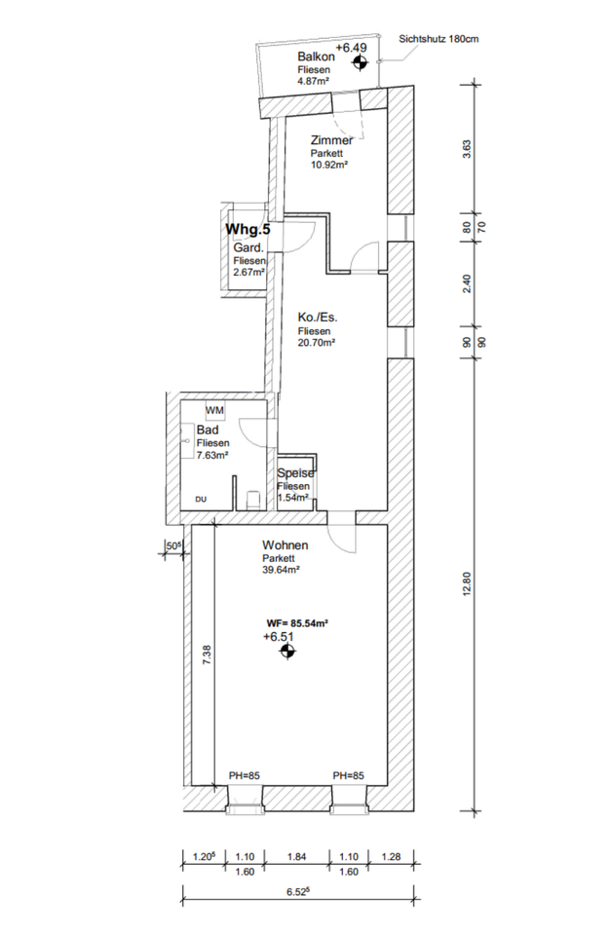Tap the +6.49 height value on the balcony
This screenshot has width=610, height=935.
click(351, 47)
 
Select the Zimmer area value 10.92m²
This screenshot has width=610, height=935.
click(330, 165)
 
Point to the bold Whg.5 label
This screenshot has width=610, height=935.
click(248, 230)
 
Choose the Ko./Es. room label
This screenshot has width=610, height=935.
click(318, 318)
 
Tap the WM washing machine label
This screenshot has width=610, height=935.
click(213, 411)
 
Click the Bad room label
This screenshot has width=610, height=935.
click(207, 430)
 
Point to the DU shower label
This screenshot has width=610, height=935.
click(201, 499)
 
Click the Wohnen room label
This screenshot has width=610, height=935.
click(286, 545)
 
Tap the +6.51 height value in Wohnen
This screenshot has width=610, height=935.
click(279, 636)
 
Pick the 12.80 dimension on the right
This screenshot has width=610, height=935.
click(467, 583)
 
